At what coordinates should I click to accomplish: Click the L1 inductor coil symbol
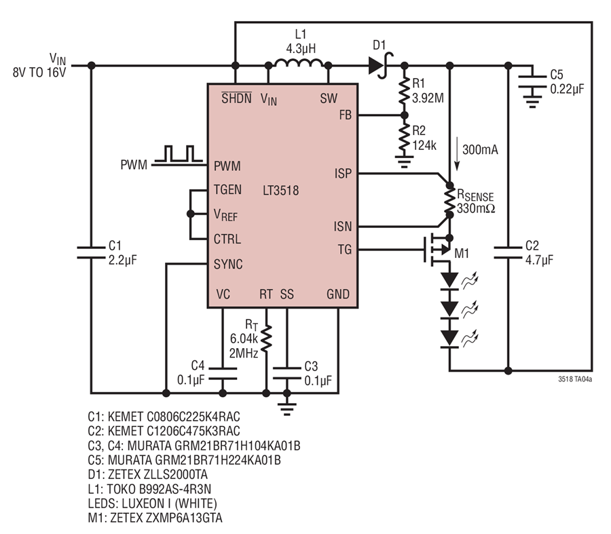pyautogui.click(x=299, y=63)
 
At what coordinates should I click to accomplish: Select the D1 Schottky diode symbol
pyautogui.click(x=380, y=65)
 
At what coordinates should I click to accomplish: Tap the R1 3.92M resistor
pyautogui.click(x=405, y=90)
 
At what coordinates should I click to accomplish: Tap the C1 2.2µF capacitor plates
pyautogui.click(x=91, y=252)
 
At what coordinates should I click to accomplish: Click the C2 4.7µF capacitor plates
pyautogui.click(x=508, y=252)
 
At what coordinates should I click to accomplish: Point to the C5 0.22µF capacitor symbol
pyautogui.click(x=532, y=88)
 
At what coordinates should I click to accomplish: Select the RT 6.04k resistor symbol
pyautogui.click(x=266, y=338)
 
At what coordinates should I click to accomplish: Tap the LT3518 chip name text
pyautogui.click(x=280, y=191)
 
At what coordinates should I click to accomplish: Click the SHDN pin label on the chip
pyautogui.click(x=236, y=98)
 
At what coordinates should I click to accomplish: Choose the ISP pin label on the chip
pyautogui.click(x=343, y=173)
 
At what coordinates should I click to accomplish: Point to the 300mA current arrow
pyautogui.click(x=457, y=154)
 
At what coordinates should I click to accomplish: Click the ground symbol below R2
pyautogui.click(x=405, y=162)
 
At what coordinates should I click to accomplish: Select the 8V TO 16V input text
pyautogui.click(x=39, y=73)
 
